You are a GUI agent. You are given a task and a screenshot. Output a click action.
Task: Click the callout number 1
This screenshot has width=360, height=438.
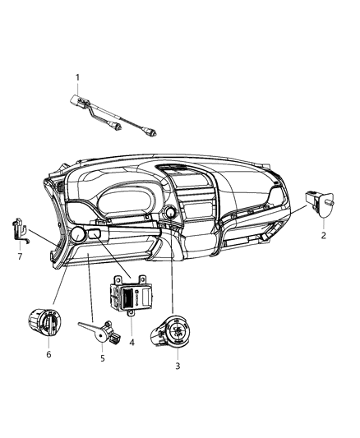coord(78,78)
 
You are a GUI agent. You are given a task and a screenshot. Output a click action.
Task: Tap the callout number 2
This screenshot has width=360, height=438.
coord(323,236)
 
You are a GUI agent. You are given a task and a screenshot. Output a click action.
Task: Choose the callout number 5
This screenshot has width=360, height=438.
coord(102,358)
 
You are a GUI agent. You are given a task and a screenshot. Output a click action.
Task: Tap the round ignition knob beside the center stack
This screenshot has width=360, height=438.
coord(170,214)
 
